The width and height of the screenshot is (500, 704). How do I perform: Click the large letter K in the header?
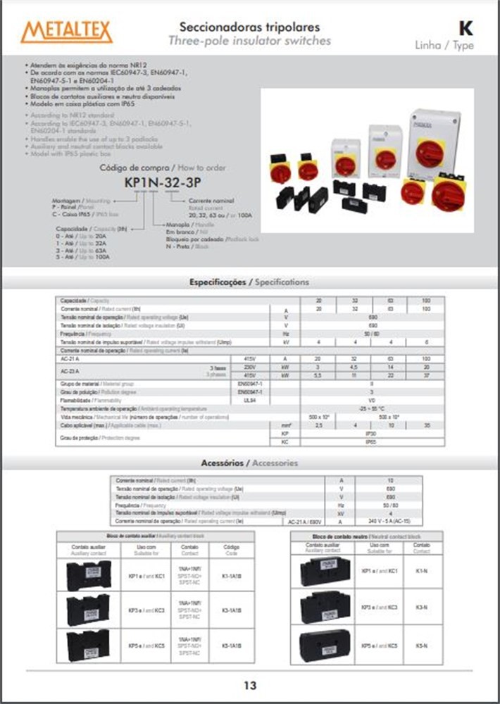point(465,28)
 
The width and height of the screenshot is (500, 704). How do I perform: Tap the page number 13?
point(250,685)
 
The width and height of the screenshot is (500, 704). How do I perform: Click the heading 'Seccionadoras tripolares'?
point(249,27)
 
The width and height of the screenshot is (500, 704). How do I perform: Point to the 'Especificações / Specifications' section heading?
point(249,282)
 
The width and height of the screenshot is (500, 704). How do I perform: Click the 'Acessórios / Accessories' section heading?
point(249,463)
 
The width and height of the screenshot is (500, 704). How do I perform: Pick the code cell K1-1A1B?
point(232,576)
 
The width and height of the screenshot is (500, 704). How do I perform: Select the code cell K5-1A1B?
point(232,645)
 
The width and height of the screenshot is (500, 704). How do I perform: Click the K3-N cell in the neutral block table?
point(422,607)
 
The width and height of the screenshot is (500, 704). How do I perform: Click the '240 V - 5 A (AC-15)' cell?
point(389,522)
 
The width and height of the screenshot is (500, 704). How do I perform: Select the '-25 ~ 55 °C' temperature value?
point(372,408)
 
